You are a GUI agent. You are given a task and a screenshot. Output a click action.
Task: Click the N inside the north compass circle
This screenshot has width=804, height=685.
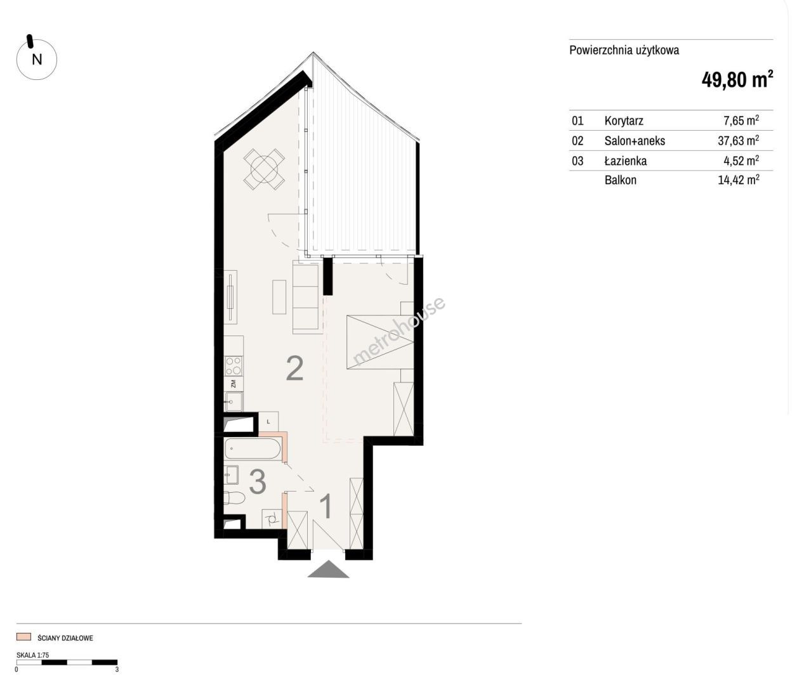(37, 60)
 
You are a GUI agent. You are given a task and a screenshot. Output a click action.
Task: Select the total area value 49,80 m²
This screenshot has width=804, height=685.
(737, 80)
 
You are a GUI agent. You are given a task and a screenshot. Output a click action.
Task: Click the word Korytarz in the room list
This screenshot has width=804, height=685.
(624, 121)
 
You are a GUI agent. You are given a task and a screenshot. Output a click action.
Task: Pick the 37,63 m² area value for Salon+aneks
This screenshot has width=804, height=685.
(738, 140)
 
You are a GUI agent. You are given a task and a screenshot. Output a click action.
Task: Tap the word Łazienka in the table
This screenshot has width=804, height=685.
(626, 160)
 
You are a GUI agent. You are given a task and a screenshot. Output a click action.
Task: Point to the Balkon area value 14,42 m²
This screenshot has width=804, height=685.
(738, 180)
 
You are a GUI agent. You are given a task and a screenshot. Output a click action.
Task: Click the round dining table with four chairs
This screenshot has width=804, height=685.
(264, 169)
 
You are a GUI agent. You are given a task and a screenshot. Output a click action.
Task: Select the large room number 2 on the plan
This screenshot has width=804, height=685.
(294, 369)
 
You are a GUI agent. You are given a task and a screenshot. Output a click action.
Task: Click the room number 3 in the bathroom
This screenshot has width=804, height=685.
(258, 482)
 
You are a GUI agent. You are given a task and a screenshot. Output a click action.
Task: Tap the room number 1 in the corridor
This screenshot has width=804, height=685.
(326, 506)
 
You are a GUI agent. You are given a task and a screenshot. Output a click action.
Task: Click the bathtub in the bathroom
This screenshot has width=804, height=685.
(253, 449)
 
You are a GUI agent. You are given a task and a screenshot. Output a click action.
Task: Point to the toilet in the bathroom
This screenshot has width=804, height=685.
(234, 498)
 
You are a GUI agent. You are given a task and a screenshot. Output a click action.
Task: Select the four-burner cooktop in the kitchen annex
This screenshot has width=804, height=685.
(234, 366)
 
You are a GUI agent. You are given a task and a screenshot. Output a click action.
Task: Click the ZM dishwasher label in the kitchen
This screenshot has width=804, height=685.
(234, 384)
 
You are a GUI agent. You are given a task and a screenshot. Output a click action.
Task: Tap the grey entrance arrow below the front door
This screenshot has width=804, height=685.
(328, 569)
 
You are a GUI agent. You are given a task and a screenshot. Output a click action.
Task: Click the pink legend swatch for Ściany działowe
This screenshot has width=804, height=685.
(23, 637)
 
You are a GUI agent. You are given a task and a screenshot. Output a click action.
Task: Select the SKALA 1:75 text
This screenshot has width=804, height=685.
(32, 655)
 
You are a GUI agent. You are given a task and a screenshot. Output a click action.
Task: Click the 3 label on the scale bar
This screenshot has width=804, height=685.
(117, 669)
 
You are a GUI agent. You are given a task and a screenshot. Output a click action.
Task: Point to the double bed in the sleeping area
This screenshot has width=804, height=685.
(380, 342)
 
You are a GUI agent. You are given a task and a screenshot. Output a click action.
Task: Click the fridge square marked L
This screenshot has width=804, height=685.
(268, 422)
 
